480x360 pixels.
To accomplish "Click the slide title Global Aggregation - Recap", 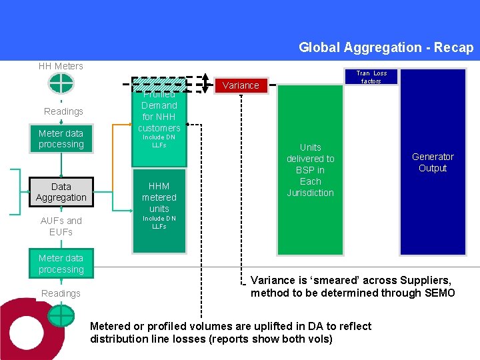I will coord(385,47).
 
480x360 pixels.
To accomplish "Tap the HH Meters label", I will coord(61,66).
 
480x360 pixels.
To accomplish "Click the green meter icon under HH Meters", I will coord(61,83).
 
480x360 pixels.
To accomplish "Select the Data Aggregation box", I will coord(61,192).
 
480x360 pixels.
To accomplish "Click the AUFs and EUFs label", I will coord(61,226).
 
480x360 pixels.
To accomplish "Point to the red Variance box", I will coord(241,85).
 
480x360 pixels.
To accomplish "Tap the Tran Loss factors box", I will coord(371,77).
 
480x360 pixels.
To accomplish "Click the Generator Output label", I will coord(433,162).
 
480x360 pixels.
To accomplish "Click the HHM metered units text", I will coord(159,197).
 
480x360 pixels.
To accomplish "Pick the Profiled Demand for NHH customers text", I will coord(159,111).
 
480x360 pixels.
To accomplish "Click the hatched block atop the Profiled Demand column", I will coord(159,84).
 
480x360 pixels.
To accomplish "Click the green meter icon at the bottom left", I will coord(61,315).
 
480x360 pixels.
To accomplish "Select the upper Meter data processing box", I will coord(61,139).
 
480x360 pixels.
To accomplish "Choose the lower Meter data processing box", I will coord(61,264).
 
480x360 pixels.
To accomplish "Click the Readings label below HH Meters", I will coord(63,111).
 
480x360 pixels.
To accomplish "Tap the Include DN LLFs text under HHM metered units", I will coord(159,222).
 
